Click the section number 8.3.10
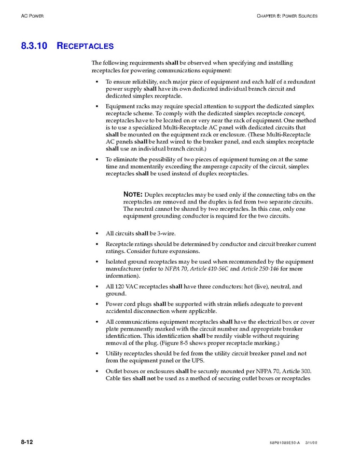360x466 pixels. (34, 46)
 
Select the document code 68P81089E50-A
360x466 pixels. (285, 443)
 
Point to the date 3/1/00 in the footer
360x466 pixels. (311, 443)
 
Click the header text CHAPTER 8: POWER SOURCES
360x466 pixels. (287, 16)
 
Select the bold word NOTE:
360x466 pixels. (133, 194)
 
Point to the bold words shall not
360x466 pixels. (144, 378)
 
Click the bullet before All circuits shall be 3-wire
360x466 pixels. (98, 234)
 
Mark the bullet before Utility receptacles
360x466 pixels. (98, 353)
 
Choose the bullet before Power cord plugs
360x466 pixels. (98, 304)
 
